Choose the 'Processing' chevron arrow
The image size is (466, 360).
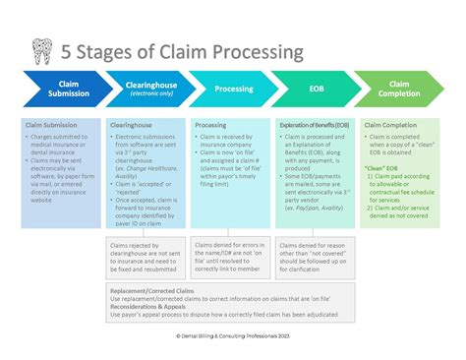click(232, 90)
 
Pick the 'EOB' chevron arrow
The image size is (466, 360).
click(315, 90)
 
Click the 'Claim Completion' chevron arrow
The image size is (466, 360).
click(398, 90)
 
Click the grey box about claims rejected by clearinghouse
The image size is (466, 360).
click(146, 255)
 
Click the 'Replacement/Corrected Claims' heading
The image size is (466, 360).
click(150, 291)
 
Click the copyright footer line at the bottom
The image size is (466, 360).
click(233, 334)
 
